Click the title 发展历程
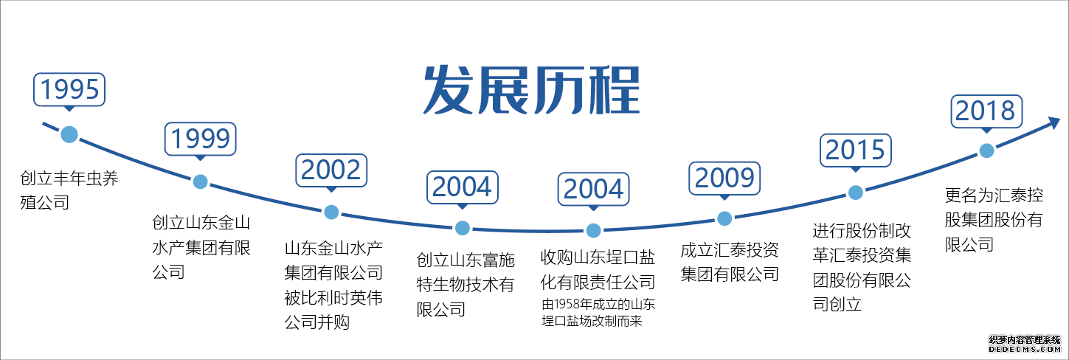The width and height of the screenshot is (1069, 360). (x=531, y=90)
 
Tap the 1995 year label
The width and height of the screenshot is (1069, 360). (x=69, y=90)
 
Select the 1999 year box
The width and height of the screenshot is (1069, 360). (x=201, y=139)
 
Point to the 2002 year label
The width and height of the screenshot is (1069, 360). (x=331, y=170)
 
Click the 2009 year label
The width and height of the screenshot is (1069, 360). (x=724, y=179)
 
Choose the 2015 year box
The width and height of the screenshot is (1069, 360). (x=856, y=150)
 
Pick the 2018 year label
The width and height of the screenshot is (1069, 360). (x=986, y=111)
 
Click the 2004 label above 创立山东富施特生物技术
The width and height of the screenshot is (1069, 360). (x=463, y=187)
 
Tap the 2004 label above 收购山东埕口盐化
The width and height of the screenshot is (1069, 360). (x=594, y=189)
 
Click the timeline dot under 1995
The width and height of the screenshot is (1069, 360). (x=69, y=135)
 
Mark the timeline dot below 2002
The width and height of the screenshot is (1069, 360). (x=331, y=212)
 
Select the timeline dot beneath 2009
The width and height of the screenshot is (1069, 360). (x=724, y=218)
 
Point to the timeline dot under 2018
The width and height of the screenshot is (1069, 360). (x=986, y=151)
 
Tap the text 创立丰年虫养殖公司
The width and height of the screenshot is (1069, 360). (x=69, y=190)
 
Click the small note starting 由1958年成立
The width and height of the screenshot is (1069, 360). (x=598, y=312)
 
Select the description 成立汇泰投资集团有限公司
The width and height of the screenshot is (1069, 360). (x=730, y=262)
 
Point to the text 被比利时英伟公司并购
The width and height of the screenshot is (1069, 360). (x=333, y=310)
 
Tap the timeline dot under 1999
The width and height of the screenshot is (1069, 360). (x=201, y=181)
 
